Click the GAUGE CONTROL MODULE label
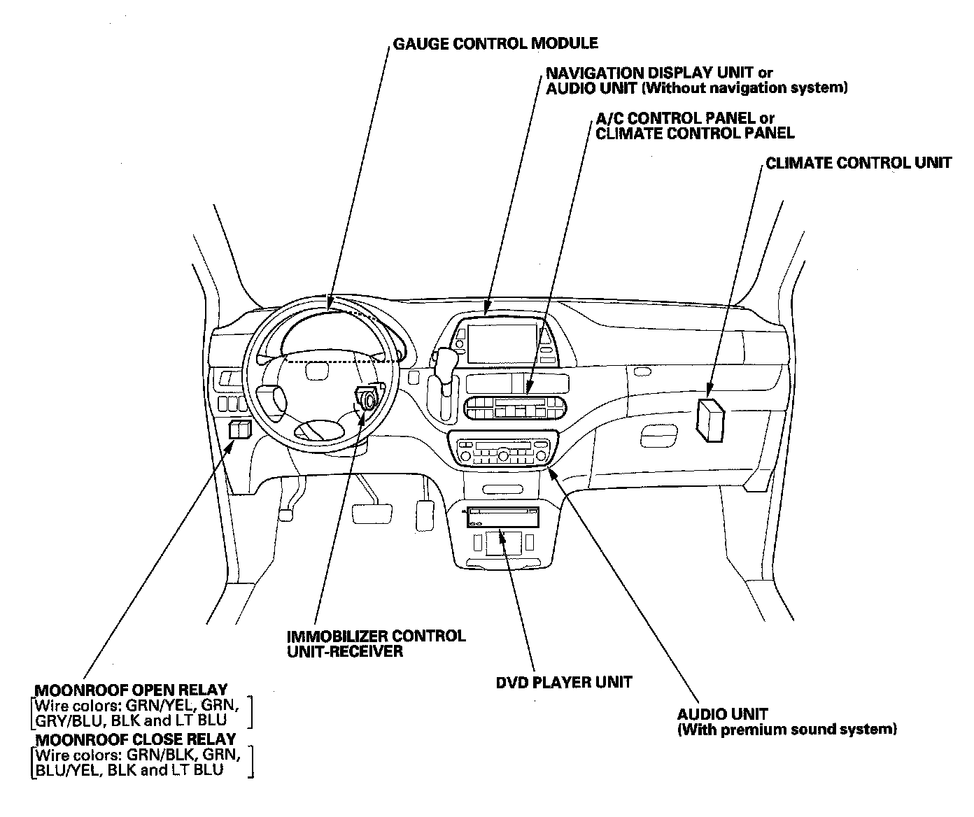495,43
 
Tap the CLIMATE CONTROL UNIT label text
859,163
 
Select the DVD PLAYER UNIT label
563,683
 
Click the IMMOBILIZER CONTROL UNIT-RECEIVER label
376,644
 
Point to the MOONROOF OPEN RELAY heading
131,690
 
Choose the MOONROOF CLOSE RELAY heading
136,739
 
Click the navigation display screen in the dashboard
502,343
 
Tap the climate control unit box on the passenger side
710,420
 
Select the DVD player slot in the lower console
503,517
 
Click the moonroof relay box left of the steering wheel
240,429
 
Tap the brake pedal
372,514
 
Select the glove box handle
659,436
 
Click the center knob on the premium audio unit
503,455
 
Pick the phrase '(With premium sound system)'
787,730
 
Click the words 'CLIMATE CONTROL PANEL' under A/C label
695,134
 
